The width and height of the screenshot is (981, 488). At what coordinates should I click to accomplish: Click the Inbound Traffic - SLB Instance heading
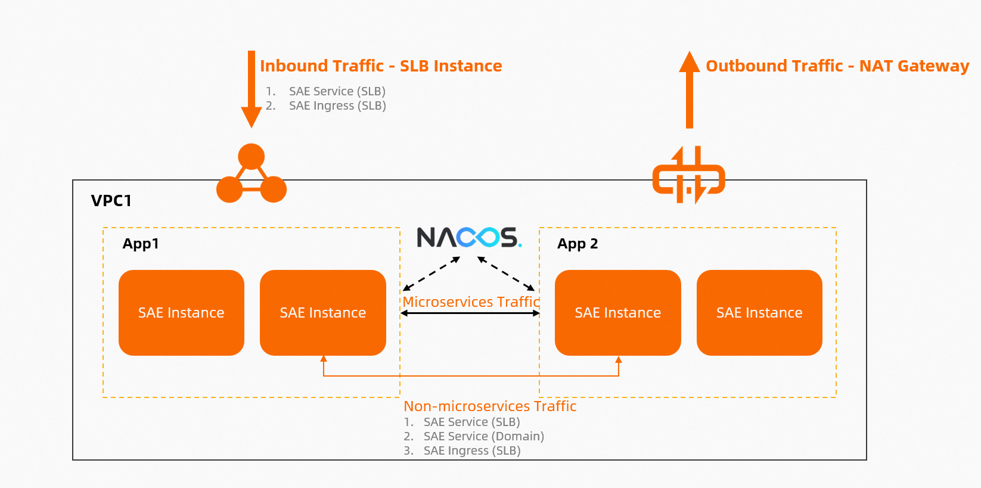(x=381, y=66)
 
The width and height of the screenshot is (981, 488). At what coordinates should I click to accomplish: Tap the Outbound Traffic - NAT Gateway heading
(x=837, y=66)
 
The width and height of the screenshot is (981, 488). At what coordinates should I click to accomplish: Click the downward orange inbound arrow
(x=252, y=89)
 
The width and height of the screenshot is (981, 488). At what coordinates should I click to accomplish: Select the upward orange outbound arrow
(x=690, y=89)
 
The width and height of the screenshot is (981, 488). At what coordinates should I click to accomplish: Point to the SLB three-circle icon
(x=252, y=174)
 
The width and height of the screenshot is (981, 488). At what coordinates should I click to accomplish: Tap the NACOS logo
(x=469, y=237)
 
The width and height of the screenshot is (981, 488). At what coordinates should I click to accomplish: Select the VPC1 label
(x=111, y=201)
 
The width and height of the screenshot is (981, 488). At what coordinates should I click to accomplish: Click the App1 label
(x=141, y=244)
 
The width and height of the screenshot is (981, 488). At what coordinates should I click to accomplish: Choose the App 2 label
(x=578, y=244)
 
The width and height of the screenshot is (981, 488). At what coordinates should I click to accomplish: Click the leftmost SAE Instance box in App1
(x=181, y=313)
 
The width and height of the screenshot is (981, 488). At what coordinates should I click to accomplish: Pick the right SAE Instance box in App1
(x=323, y=313)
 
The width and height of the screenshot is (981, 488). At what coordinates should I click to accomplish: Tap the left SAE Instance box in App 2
(x=618, y=313)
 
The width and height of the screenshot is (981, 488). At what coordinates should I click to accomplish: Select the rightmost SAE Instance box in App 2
(x=759, y=313)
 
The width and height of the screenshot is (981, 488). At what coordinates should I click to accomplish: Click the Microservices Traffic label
(x=471, y=302)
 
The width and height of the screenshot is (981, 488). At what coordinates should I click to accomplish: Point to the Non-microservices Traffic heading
(x=490, y=406)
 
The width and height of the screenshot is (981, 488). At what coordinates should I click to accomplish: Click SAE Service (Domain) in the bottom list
(x=483, y=437)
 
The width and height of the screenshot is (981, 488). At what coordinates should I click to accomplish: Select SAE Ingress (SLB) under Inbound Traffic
(x=337, y=106)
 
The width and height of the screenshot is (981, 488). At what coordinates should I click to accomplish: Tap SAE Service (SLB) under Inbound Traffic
(x=337, y=92)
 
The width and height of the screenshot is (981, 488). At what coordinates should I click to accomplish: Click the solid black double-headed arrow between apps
(x=470, y=313)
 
